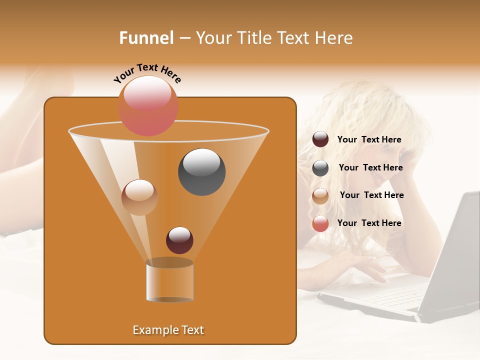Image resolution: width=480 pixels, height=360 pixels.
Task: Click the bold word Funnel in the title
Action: pos(146,38)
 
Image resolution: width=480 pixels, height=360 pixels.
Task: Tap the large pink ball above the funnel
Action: pos(148,105)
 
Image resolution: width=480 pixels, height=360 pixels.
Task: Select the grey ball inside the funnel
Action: pos(201,172)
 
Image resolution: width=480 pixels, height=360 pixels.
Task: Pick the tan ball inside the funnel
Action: pos(139,197)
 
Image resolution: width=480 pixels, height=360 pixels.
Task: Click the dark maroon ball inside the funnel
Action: pos(179,240)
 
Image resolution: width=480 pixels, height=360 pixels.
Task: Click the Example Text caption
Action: pos(168,330)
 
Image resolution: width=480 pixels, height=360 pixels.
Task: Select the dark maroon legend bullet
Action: pos(320,139)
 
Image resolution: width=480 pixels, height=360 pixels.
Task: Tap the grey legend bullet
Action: pos(320,168)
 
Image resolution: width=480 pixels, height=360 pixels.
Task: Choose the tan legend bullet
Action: pos(320,196)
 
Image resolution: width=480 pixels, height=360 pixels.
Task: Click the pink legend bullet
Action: pos(320,223)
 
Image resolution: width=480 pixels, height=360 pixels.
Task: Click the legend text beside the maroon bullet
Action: pos(369,140)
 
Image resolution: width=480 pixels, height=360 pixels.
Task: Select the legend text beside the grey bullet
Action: pos(371,168)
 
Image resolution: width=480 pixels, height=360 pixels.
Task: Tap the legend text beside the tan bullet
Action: pos(372,195)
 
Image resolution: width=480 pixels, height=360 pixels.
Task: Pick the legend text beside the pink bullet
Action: pos(369,223)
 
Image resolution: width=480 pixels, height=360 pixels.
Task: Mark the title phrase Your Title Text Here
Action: pos(274,38)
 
